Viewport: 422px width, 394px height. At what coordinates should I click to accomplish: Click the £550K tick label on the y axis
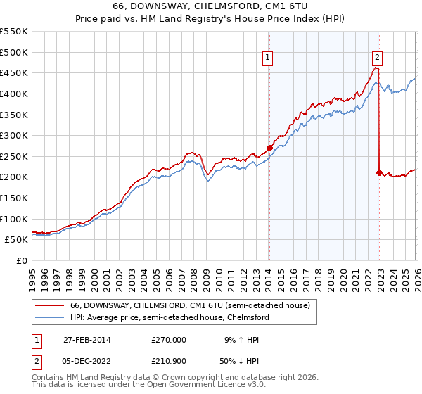pyautogui.click(x=14, y=32)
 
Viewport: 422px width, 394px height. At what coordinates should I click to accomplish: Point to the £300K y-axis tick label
pyautogui.click(x=14, y=135)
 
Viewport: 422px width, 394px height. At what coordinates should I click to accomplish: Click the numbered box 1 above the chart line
pyautogui.click(x=269, y=58)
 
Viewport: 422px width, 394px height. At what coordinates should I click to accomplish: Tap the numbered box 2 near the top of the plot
pyautogui.click(x=378, y=58)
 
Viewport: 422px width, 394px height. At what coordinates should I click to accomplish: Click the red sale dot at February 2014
pyautogui.click(x=269, y=148)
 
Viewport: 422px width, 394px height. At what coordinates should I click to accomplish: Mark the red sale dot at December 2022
pyautogui.click(x=379, y=172)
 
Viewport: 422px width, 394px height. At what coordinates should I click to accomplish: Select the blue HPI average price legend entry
pyautogui.click(x=170, y=318)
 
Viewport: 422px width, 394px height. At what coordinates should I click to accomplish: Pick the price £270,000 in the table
pyautogui.click(x=169, y=339)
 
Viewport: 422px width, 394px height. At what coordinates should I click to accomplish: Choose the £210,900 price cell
pyautogui.click(x=169, y=362)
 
